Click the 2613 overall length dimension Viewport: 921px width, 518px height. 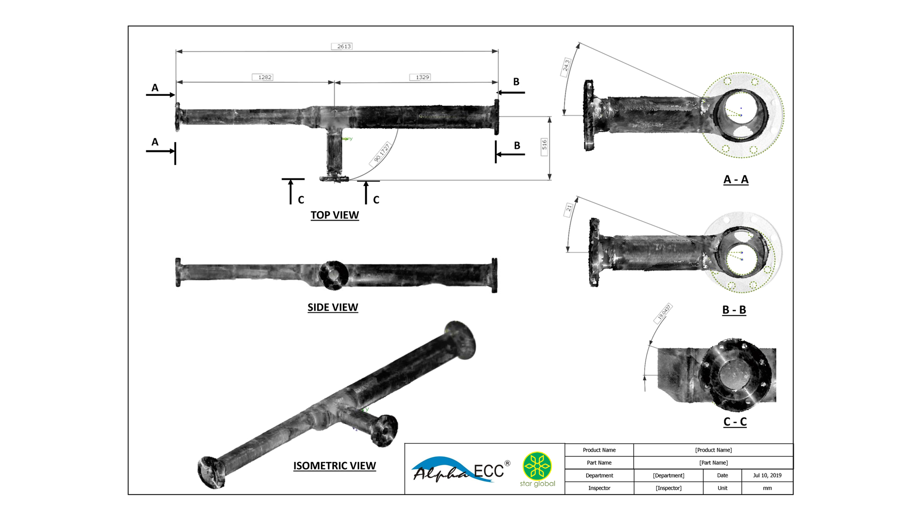[344, 47]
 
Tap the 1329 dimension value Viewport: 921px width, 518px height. [422, 77]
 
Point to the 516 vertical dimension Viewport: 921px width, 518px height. [544, 144]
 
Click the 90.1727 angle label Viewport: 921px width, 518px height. [382, 153]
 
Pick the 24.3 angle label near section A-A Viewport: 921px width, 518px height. [566, 66]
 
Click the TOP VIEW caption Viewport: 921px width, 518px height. [334, 215]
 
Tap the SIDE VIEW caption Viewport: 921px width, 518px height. [332, 307]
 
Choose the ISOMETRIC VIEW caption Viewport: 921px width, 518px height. [334, 466]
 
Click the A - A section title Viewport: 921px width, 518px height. [735, 180]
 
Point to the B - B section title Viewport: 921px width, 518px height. [734, 310]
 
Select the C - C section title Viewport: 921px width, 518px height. [734, 422]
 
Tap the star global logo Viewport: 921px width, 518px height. [537, 470]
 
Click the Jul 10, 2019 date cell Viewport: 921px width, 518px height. [767, 475]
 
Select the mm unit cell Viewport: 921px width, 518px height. [767, 488]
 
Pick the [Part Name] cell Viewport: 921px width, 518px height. [713, 463]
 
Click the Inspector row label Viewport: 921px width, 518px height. [599, 488]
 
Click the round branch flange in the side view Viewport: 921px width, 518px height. [333, 275]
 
